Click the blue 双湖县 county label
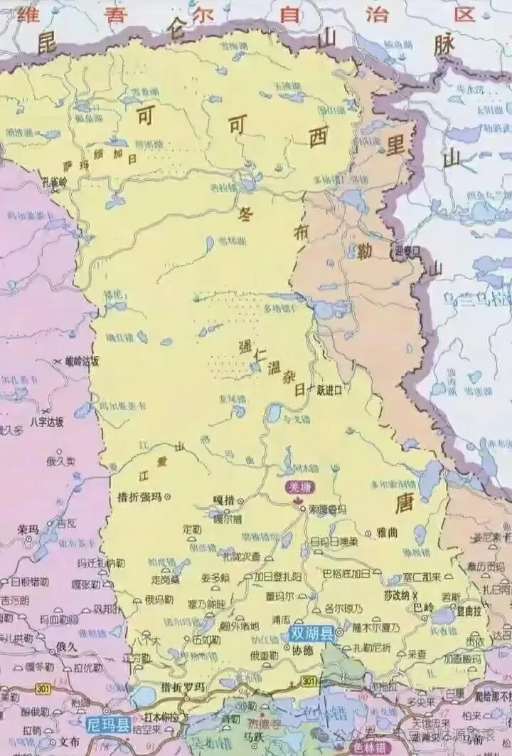(311, 634)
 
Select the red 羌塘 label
(294, 487)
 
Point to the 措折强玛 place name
(139, 496)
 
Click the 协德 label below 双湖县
(302, 651)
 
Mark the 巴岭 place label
(424, 608)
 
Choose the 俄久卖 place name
(61, 461)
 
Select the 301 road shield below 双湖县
(308, 681)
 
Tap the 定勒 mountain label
(193, 529)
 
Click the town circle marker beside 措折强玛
(168, 497)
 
